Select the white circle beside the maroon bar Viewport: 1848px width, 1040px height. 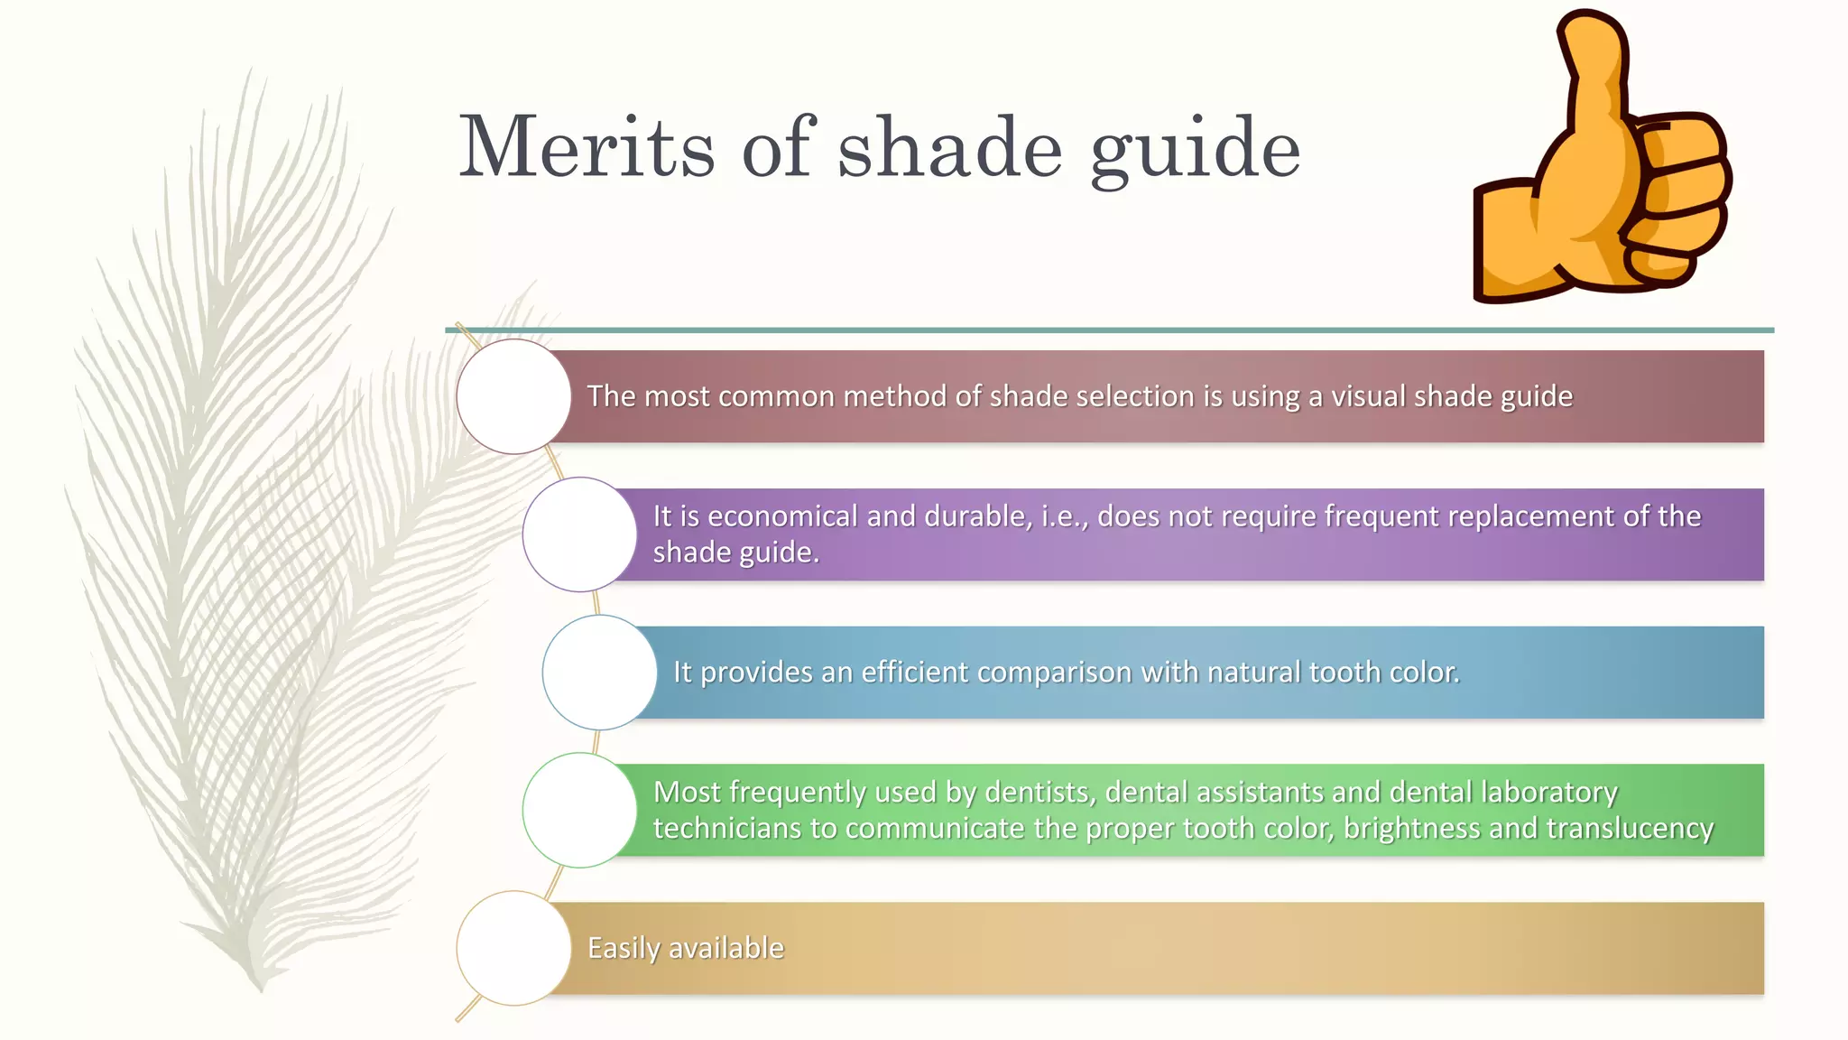click(x=513, y=396)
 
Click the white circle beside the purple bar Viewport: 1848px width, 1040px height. click(x=579, y=534)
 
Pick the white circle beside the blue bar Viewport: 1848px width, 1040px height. click(x=599, y=673)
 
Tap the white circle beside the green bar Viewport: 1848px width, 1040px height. click(x=579, y=811)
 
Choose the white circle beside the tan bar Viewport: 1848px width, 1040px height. click(x=513, y=948)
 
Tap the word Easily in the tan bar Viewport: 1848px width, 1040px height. click(x=624, y=948)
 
